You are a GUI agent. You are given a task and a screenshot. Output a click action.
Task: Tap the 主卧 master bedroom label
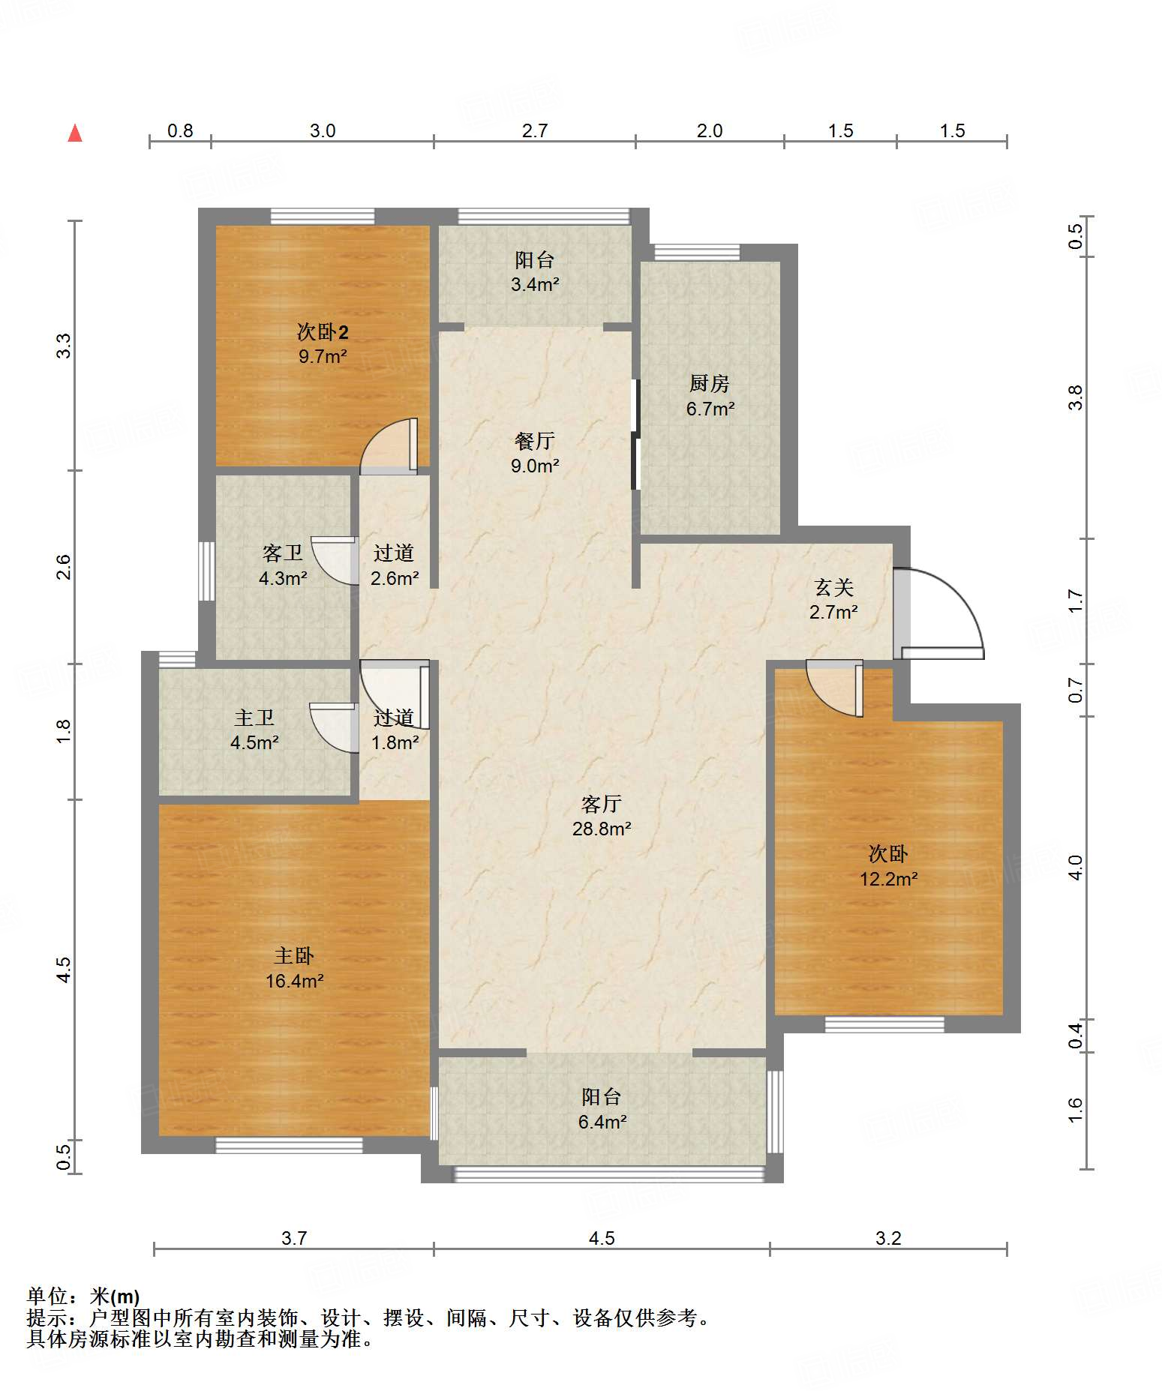point(294,955)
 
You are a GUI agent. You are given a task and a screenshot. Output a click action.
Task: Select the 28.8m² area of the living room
point(602,829)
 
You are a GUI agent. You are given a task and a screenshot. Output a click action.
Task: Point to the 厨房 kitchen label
point(710,383)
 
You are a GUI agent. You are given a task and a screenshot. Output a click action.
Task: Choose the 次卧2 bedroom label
point(323,331)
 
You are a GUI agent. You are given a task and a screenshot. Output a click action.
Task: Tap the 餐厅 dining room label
point(534,441)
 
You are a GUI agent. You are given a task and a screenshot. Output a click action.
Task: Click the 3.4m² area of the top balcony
point(535,284)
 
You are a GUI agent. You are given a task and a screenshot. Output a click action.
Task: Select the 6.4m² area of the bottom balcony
point(602,1122)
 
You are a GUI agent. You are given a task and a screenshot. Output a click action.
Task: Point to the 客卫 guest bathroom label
point(283,553)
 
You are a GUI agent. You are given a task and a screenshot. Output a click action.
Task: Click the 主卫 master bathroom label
point(254,718)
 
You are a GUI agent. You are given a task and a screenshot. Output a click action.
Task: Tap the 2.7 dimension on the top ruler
point(535,130)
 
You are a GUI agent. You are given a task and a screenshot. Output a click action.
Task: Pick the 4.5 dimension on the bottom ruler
point(602,1238)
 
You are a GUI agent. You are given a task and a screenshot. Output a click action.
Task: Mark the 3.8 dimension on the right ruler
point(1076,397)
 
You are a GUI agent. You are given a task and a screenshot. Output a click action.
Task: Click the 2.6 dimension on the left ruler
point(64,567)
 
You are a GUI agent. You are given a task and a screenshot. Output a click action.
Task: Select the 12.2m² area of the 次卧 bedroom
point(889,879)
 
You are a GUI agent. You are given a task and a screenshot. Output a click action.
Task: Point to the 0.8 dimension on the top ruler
point(180,130)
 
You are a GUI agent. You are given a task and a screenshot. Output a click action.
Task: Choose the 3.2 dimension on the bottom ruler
point(888,1238)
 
